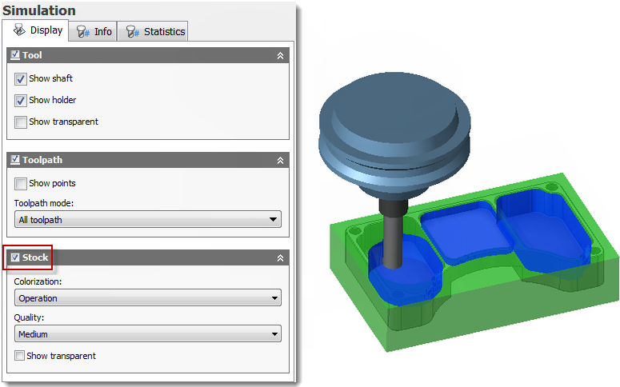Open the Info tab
[x=93, y=32]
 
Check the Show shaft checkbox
[x=21, y=79]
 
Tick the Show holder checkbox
[x=21, y=101]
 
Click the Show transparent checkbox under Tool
[x=21, y=122]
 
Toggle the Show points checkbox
[x=21, y=184]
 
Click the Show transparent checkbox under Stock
[x=19, y=356]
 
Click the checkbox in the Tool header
[x=15, y=55]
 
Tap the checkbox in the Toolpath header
[x=15, y=160]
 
